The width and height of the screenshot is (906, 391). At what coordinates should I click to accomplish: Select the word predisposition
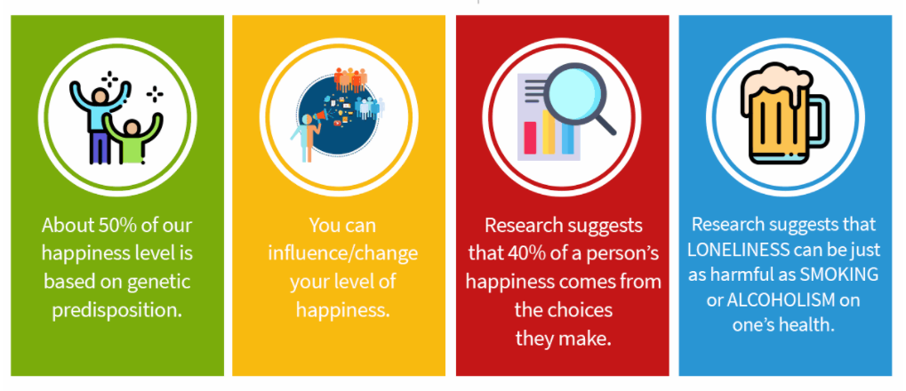click(x=117, y=311)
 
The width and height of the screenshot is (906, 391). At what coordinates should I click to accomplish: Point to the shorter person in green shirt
click(x=132, y=139)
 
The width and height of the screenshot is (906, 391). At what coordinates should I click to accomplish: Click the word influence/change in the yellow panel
click(x=342, y=253)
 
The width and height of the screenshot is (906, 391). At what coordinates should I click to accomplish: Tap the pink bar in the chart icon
click(x=530, y=138)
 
